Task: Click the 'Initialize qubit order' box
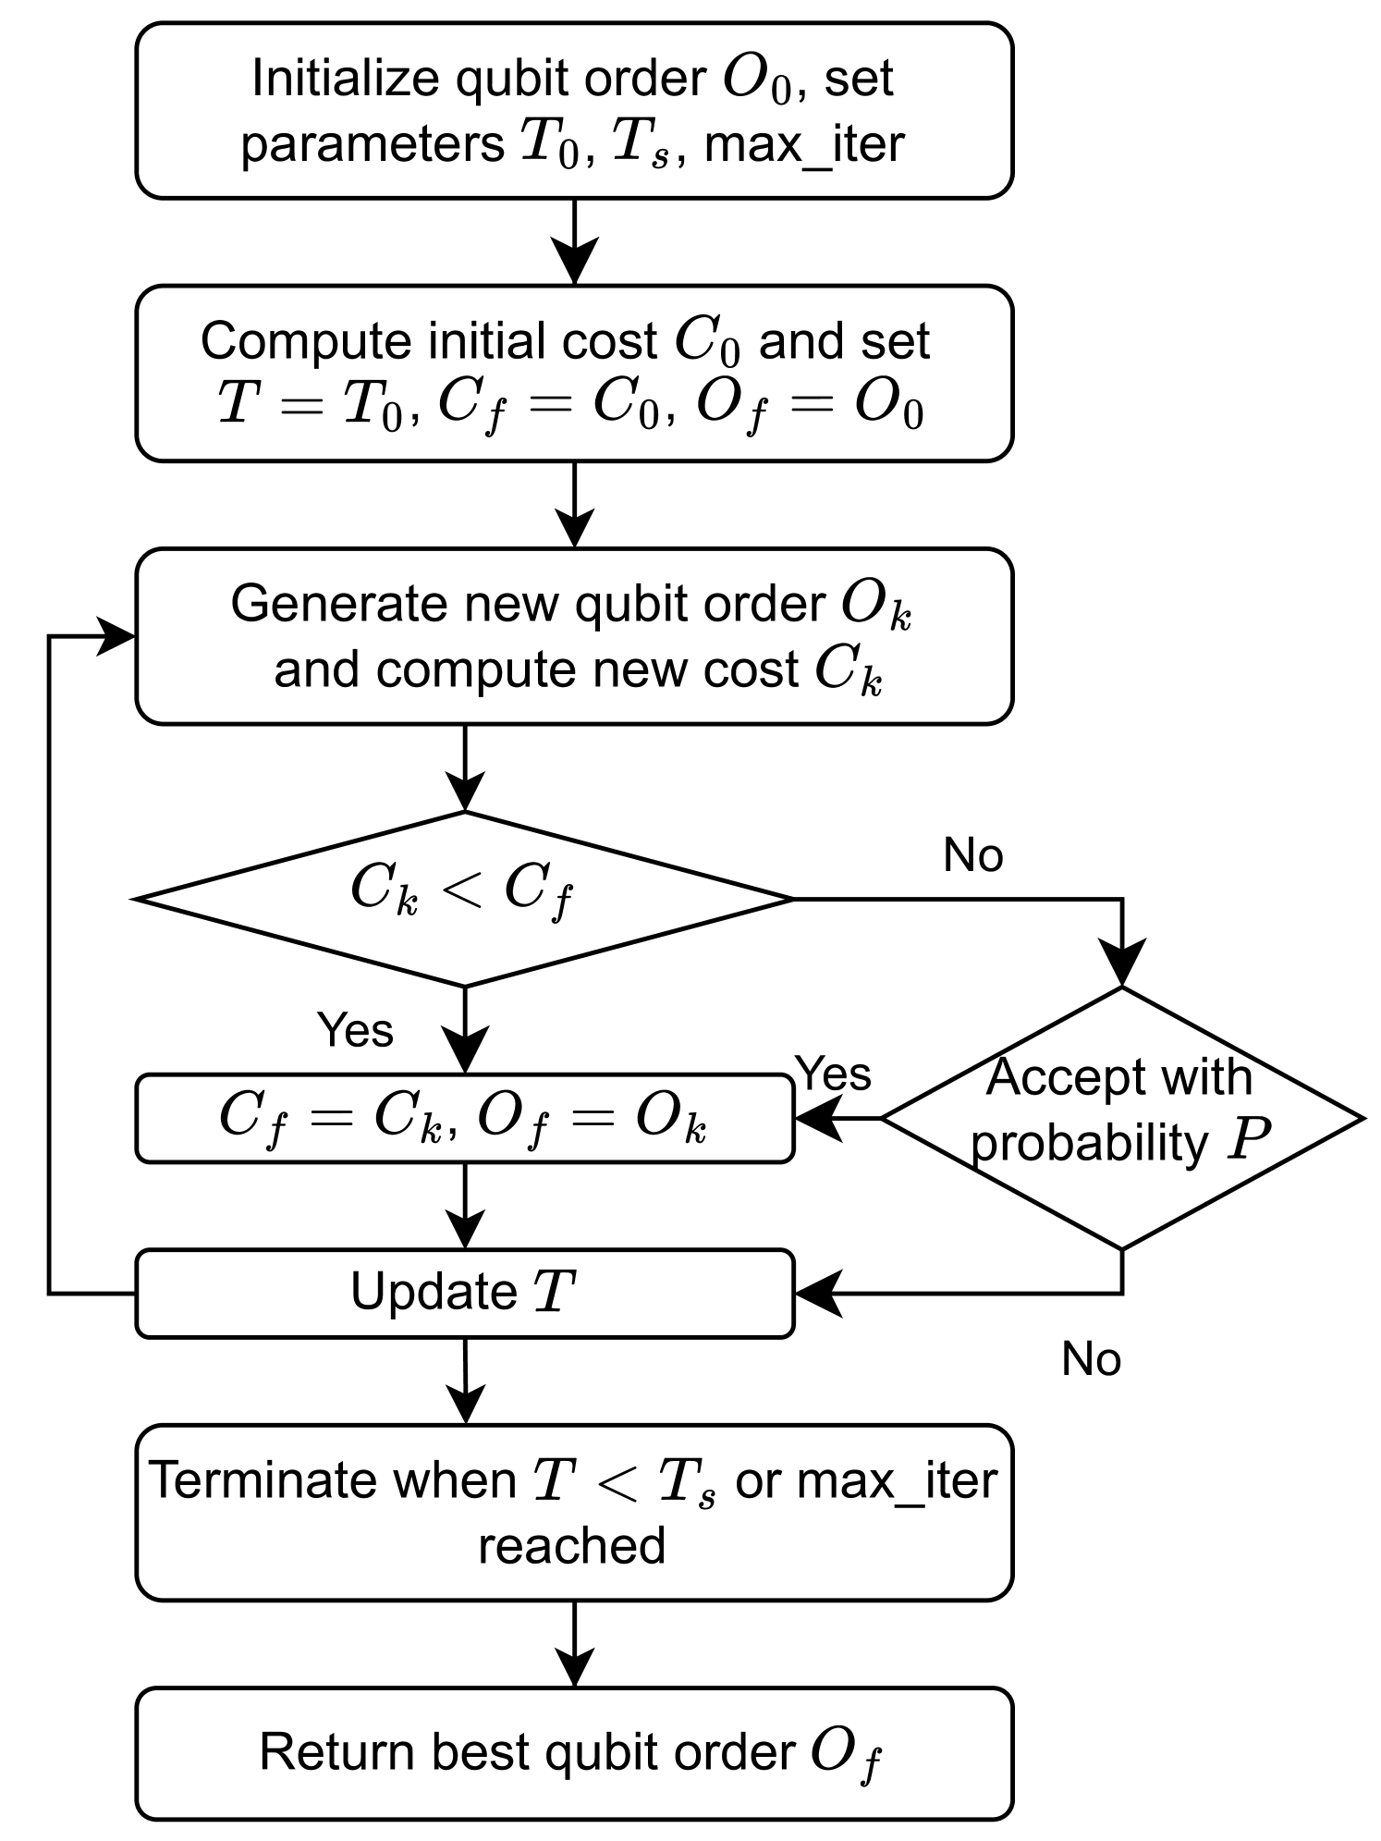[x=574, y=111]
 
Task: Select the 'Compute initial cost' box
[x=574, y=373]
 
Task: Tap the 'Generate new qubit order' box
[x=574, y=636]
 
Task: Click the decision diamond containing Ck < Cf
[x=464, y=898]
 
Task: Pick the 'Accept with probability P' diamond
[x=1122, y=1118]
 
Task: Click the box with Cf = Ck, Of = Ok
[x=464, y=1118]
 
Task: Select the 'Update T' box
[x=464, y=1293]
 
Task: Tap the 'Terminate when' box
[x=574, y=1512]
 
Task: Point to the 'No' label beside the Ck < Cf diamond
[x=972, y=855]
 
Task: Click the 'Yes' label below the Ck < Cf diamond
[x=355, y=1029]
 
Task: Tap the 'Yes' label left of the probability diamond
[x=834, y=1074]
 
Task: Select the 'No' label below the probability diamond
[x=1091, y=1359]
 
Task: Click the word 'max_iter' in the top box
[x=804, y=145]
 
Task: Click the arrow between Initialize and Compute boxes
[x=574, y=242]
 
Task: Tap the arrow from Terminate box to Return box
[x=574, y=1643]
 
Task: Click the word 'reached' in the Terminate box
[x=571, y=1546]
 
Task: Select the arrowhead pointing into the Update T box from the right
[x=817, y=1293]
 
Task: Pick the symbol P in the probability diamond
[x=1247, y=1142]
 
